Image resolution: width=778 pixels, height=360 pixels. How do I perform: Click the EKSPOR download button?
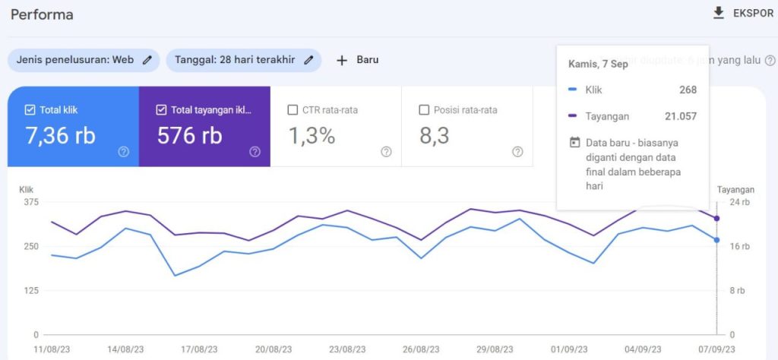point(742,14)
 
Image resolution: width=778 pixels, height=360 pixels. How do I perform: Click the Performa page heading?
point(42,14)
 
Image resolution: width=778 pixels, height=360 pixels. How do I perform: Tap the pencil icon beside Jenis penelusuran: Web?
point(147,60)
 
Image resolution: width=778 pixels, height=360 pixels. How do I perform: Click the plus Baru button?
point(357,60)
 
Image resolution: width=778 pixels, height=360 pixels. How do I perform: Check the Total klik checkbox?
point(30,110)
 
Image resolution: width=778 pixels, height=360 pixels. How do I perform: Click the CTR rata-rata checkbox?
point(293,110)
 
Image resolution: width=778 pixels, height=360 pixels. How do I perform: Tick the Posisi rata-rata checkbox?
point(424,110)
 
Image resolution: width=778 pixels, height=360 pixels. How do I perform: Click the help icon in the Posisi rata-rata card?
point(517,152)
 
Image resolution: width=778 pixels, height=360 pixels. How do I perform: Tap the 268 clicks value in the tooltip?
point(688,90)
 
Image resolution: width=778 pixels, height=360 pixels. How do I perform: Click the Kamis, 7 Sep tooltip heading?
point(598,64)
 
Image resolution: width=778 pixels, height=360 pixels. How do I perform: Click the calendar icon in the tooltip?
point(574,142)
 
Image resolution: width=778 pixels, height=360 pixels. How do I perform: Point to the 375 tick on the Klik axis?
point(30,202)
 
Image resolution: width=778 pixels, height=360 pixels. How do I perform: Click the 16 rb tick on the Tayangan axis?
point(739,246)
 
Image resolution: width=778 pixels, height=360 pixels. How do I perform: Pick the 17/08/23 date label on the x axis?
point(199,349)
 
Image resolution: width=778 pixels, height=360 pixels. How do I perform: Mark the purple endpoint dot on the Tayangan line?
point(717,218)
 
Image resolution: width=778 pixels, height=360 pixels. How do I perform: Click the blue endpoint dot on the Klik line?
point(717,240)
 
